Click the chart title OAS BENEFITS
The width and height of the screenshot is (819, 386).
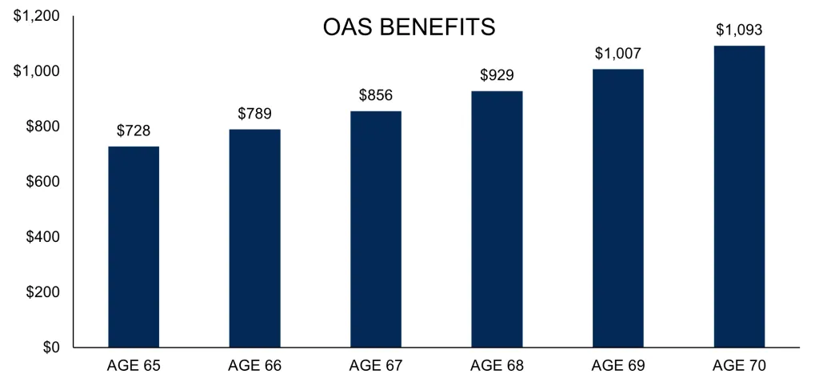pyautogui.click(x=409, y=26)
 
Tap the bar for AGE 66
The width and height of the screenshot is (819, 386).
pyautogui.click(x=254, y=239)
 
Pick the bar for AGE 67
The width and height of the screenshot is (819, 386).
pyautogui.click(x=376, y=229)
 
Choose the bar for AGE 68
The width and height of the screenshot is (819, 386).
pyautogui.click(x=497, y=219)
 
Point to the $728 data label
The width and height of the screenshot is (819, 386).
pyautogui.click(x=134, y=131)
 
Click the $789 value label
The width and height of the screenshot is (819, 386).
pyautogui.click(x=254, y=113)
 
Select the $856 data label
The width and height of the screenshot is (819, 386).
pyautogui.click(x=376, y=94)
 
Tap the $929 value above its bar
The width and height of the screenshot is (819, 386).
pyautogui.click(x=497, y=74)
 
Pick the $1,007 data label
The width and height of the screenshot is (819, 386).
pyautogui.click(x=618, y=53)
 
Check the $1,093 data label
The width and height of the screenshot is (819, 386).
pyautogui.click(x=739, y=30)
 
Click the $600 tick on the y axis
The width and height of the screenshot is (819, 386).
pyautogui.click(x=42, y=182)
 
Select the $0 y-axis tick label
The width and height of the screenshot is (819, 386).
pyautogui.click(x=50, y=348)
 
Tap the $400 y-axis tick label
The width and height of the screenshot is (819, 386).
pyautogui.click(x=42, y=237)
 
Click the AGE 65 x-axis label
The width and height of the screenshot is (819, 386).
pyautogui.click(x=134, y=366)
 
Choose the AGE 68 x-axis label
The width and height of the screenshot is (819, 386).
pyautogui.click(x=497, y=366)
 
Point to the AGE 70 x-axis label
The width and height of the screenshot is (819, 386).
pyautogui.click(x=739, y=366)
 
